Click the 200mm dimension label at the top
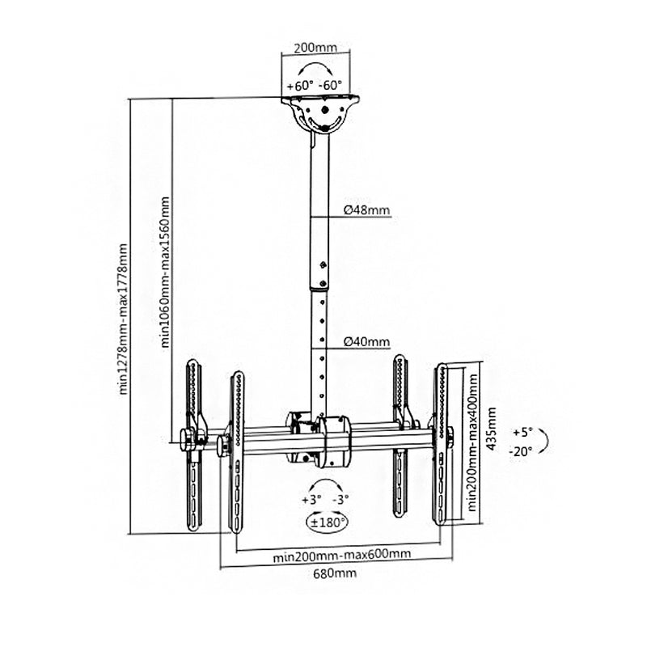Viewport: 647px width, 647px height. tap(315, 48)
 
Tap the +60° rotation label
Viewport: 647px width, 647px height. tap(300, 86)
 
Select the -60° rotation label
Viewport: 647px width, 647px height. tap(330, 86)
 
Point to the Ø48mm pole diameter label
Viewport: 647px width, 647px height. tap(366, 210)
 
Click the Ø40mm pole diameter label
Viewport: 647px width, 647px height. tap(366, 341)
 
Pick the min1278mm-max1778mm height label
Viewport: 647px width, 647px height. tap(123, 319)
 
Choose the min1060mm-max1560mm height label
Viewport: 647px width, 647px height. tap(165, 272)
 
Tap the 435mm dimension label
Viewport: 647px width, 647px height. tap(491, 429)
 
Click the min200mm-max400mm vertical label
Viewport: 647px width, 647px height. tap(472, 442)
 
